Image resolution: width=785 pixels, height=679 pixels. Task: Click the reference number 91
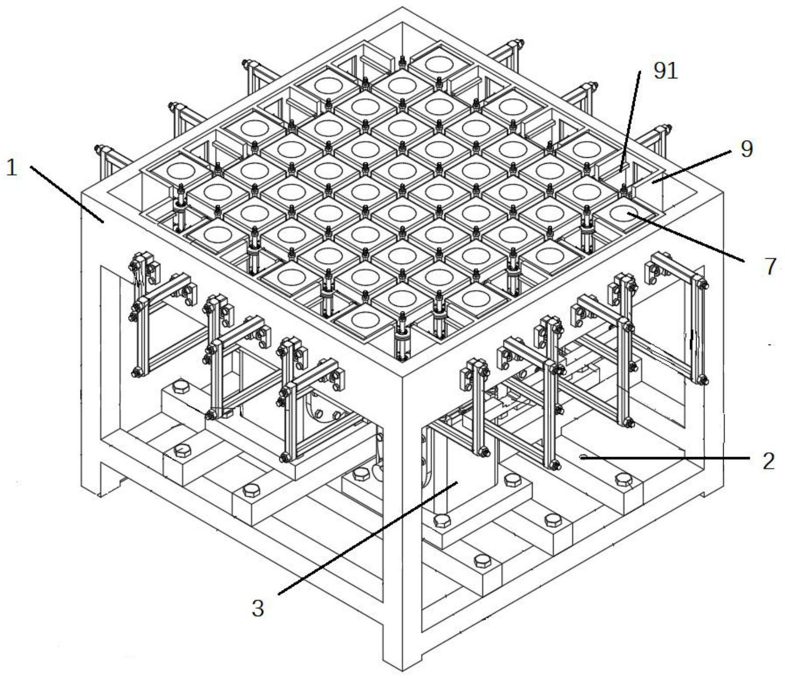click(x=665, y=71)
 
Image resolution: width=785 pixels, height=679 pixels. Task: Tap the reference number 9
click(x=746, y=150)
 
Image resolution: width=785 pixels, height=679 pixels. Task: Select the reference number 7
click(x=770, y=267)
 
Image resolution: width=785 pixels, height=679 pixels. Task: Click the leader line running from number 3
click(x=368, y=537)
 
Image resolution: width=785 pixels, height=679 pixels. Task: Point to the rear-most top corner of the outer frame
click(x=403, y=7)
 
